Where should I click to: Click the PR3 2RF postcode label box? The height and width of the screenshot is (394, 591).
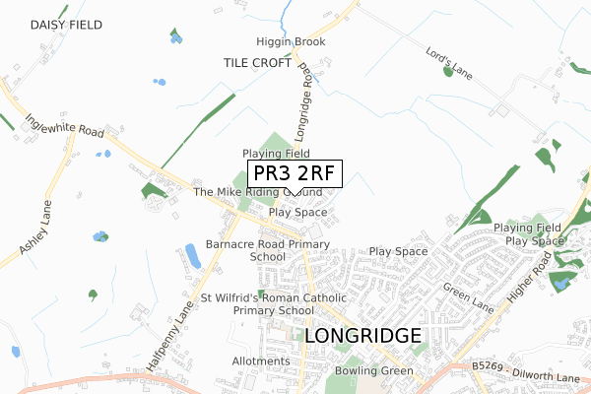click(292, 174)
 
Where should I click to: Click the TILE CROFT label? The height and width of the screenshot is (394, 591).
click(256, 62)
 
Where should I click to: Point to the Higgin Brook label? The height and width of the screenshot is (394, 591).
click(291, 42)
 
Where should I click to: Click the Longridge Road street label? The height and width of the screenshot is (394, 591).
click(302, 102)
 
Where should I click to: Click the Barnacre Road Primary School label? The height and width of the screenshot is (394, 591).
click(267, 249)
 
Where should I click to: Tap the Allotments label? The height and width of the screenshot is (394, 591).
click(261, 361)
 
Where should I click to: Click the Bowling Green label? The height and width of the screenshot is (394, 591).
click(370, 370)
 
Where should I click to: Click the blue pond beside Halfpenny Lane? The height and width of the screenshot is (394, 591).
click(191, 256)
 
